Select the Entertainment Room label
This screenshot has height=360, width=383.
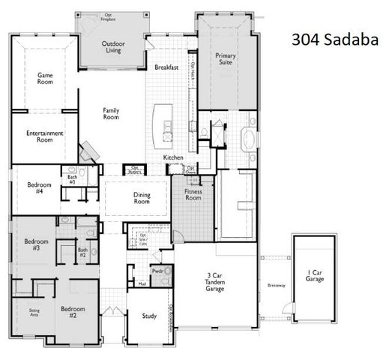[x=44, y=136]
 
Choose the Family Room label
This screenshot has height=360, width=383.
[x=111, y=114]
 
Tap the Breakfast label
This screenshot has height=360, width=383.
[x=166, y=67]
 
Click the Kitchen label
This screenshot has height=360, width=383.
[x=174, y=157]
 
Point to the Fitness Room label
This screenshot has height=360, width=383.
[x=193, y=195]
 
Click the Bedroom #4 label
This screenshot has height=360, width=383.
[x=39, y=188]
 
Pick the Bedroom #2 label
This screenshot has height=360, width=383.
[x=73, y=312]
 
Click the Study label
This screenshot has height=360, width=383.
[x=149, y=316]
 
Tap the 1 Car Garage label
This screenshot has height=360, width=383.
[x=314, y=275]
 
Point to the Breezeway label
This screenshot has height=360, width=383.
[x=276, y=285]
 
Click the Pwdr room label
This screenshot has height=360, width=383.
[x=157, y=271]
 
